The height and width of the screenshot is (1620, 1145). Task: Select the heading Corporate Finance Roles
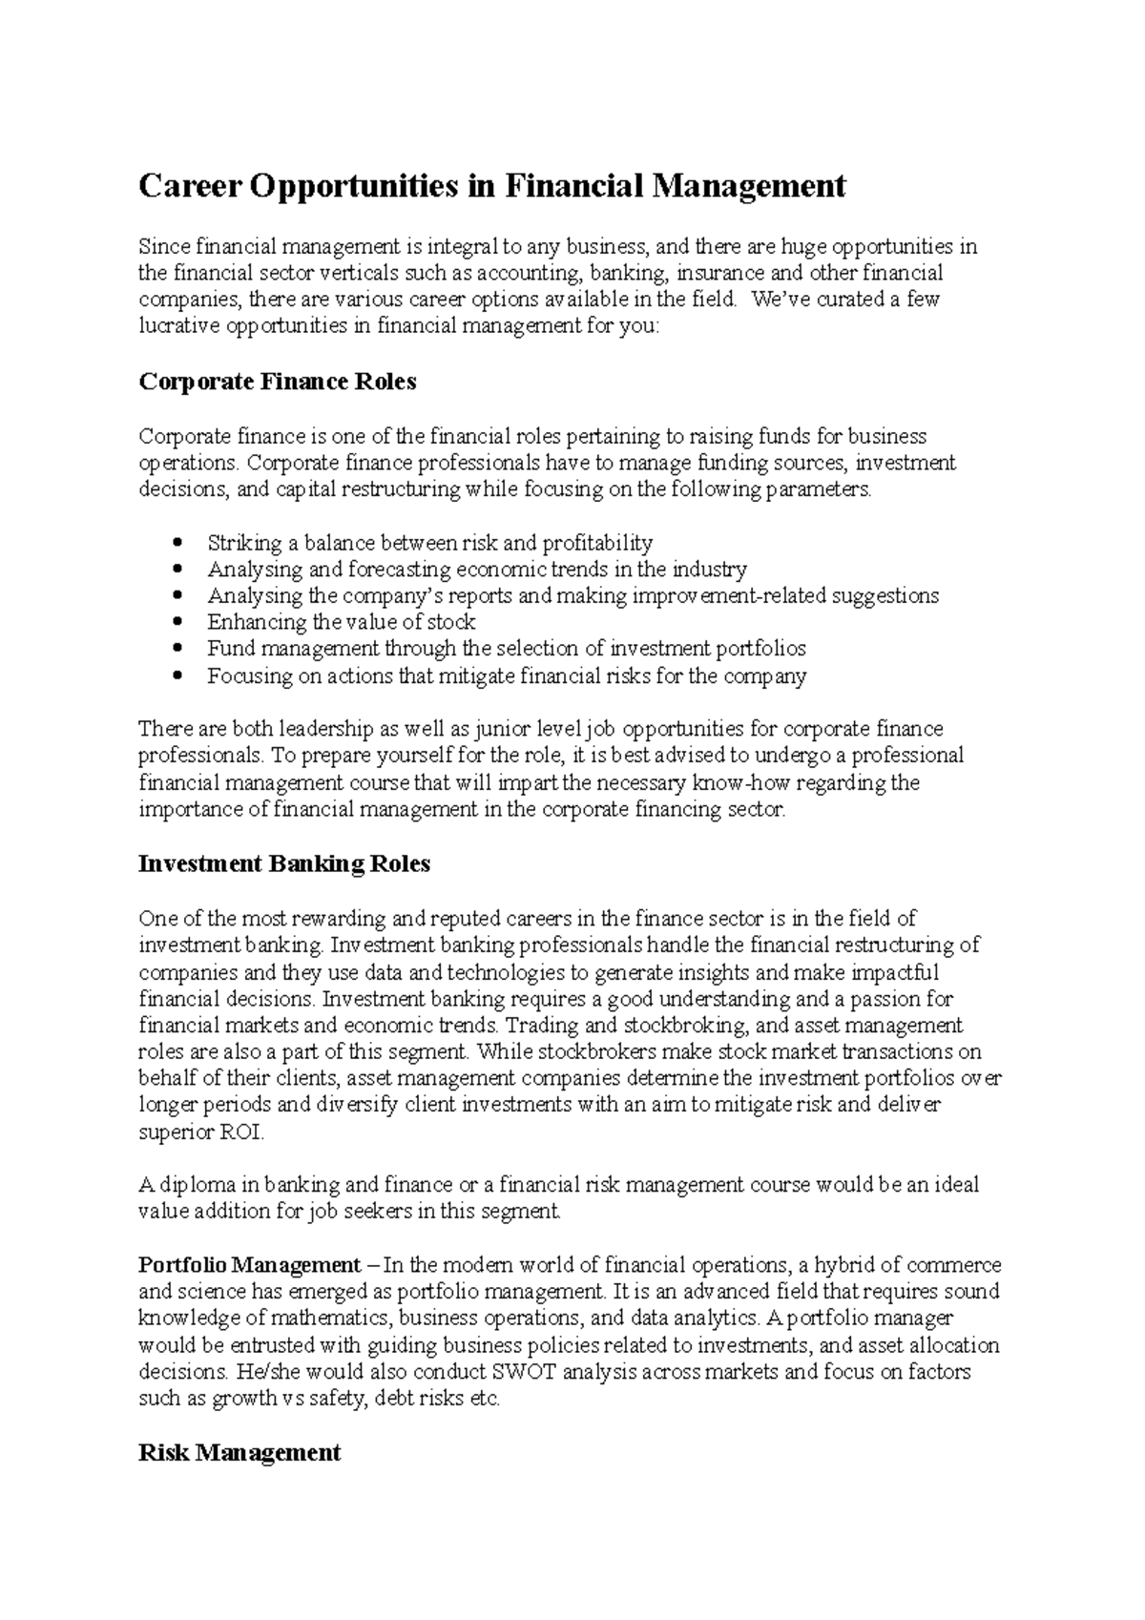click(x=278, y=383)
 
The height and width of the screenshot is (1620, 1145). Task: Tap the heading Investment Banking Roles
click(x=284, y=864)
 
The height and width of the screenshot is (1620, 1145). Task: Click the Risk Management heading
click(x=239, y=1453)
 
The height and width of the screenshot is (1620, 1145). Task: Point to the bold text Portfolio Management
click(x=249, y=1265)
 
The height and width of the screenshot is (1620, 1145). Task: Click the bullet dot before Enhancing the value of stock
click(x=178, y=623)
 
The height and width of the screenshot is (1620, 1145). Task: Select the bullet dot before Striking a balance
click(x=178, y=544)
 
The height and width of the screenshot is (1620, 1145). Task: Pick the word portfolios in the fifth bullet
click(x=768, y=649)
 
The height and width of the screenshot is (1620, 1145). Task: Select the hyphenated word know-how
click(x=741, y=783)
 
